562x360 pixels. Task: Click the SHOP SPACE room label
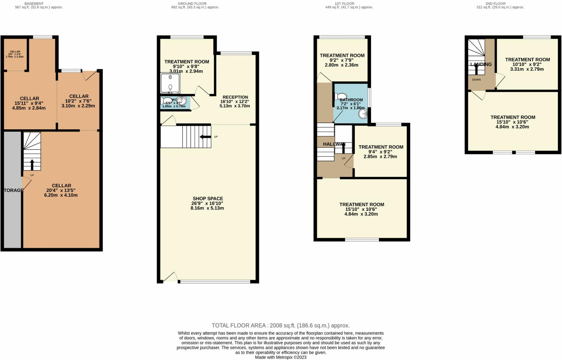(208, 198)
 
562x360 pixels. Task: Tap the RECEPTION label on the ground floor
(235, 97)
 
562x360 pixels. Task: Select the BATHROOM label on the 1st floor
(351, 100)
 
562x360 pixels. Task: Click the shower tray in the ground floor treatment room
(170, 83)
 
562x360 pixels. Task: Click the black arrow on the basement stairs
(32, 165)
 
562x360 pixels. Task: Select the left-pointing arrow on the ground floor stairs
(205, 137)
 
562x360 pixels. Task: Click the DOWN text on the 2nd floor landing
(476, 80)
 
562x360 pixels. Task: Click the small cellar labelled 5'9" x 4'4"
(15, 54)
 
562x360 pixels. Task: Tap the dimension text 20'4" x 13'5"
(61, 190)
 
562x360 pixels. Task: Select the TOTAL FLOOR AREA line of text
(280, 325)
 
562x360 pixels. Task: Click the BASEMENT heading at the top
(34, 4)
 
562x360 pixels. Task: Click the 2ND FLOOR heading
(495, 4)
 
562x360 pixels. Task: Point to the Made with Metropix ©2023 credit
(280, 357)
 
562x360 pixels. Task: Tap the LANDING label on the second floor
(481, 64)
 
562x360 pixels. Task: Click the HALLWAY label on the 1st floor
(334, 144)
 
